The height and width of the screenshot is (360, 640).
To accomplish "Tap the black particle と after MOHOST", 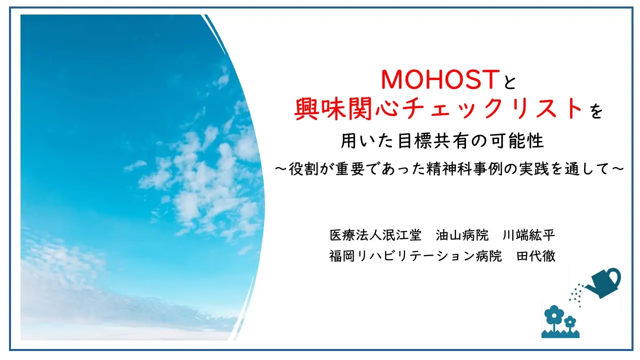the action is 509,81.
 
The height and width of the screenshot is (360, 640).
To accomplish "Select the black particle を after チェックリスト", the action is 596,111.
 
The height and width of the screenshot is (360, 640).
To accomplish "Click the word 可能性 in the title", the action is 515,141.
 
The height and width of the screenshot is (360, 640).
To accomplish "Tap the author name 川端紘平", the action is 528,235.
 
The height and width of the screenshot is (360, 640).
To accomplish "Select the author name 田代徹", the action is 535,255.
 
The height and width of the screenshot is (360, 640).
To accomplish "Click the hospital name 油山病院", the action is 462,235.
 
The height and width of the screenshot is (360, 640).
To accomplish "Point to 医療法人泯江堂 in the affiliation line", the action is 375,235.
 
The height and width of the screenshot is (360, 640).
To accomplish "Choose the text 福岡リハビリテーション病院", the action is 415,255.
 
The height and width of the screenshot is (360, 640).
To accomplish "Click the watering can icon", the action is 603,283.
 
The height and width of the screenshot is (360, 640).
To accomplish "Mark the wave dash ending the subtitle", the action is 617,169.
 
